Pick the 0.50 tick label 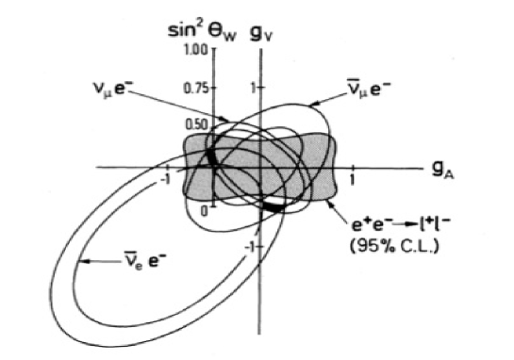pos(195,125)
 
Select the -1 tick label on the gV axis pos(251,247)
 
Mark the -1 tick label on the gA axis pos(166,178)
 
